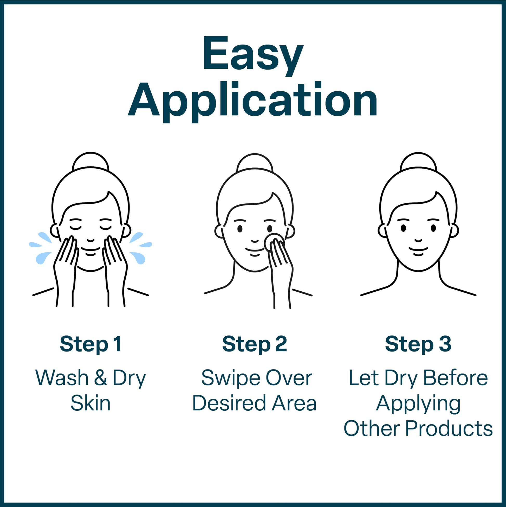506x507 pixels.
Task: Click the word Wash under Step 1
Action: (62, 378)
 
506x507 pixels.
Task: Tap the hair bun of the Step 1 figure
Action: (90, 162)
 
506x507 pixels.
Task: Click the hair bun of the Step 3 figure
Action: (418, 162)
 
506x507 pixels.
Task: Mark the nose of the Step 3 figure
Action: (418, 240)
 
